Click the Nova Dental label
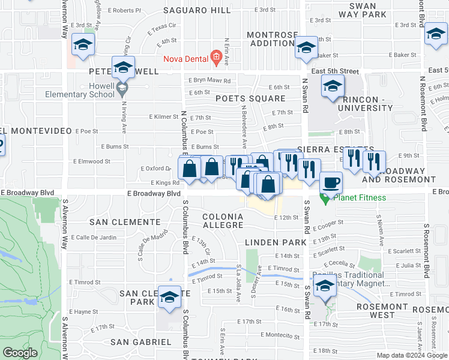(186, 59)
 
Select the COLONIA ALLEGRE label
(223, 221)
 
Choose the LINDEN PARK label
(276, 242)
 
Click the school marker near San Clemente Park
(170, 297)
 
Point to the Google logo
(20, 353)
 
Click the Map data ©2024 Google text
(412, 355)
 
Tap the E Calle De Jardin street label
(94, 237)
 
